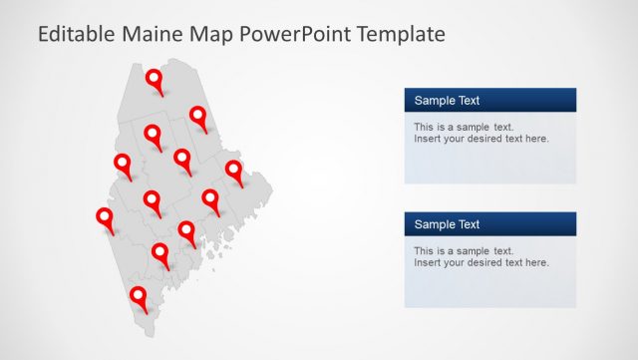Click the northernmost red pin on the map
tap(155, 80)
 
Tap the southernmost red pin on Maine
tap(138, 295)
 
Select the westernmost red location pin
tap(104, 217)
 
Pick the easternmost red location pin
tap(234, 170)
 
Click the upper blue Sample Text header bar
tap(489, 100)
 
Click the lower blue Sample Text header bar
tap(489, 224)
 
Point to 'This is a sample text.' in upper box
tap(464, 127)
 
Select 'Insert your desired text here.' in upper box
tap(481, 139)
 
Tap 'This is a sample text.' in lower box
tap(464, 250)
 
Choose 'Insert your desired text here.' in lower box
tap(481, 262)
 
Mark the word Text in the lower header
tap(469, 224)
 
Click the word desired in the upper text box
tap(482, 139)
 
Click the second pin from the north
tap(198, 117)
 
